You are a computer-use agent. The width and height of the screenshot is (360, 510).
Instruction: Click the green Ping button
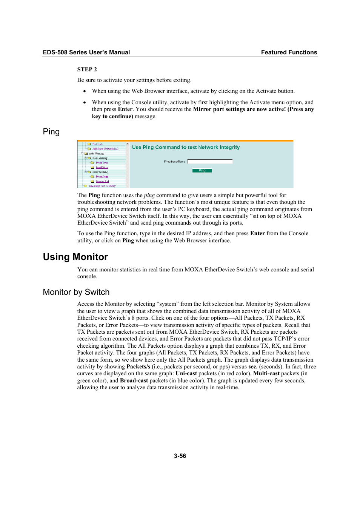pos(202,171)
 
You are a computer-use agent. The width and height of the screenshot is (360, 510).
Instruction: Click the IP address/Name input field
pos(210,162)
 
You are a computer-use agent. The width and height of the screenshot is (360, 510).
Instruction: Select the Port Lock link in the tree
pos(97,144)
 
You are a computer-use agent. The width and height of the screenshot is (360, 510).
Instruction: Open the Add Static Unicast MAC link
pos(105,149)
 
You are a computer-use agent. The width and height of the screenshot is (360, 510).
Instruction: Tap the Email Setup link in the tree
pos(102,167)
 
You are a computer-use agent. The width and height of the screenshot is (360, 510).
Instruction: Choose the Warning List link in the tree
pos(102,181)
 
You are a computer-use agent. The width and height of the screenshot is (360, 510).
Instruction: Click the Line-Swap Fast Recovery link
pos(102,186)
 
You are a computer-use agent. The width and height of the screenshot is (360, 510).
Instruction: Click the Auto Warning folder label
pos(96,154)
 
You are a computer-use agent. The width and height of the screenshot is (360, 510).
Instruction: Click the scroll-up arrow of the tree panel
pos(128,144)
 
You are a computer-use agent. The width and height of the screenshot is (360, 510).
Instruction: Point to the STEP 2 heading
pos(87,69)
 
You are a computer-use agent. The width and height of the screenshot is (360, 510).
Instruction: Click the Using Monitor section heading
pos(75,257)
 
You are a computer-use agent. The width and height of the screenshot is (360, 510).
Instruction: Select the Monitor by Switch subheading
pos(76,292)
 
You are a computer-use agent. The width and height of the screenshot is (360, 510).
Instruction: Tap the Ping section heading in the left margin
pos(51,132)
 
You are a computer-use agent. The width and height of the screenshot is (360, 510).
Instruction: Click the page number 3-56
pos(180,456)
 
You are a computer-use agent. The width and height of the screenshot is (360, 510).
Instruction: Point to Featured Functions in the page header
pos(289,52)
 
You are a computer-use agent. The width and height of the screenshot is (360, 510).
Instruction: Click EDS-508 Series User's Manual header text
pos(86,52)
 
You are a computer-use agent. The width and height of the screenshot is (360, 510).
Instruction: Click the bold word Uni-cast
pos(186,373)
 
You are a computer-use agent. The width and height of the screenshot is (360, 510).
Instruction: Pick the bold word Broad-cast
pos(134,381)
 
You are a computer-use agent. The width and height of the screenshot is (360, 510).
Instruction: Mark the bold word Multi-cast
pos(266,373)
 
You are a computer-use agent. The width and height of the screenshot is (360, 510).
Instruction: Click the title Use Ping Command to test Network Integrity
pos(186,148)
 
